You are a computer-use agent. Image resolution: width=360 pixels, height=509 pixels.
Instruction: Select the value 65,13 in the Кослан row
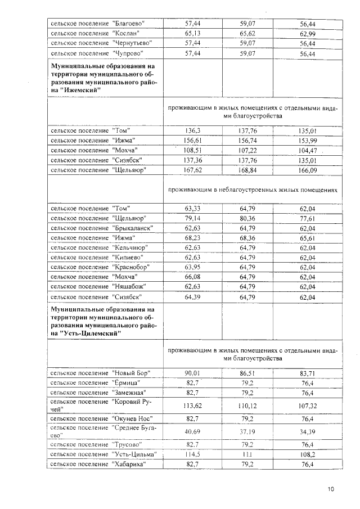click(x=193, y=33)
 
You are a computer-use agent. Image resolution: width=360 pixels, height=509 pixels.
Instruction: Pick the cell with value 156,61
click(x=193, y=140)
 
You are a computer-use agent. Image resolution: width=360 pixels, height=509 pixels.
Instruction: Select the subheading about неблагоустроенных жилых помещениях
click(x=253, y=190)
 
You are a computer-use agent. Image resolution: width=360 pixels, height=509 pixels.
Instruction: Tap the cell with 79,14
click(x=193, y=218)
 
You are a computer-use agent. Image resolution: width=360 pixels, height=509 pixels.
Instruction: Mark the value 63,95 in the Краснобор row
click(x=193, y=267)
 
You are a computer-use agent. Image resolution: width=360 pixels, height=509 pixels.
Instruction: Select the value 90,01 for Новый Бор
click(x=193, y=373)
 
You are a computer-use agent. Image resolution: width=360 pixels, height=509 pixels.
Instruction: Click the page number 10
click(x=330, y=489)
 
